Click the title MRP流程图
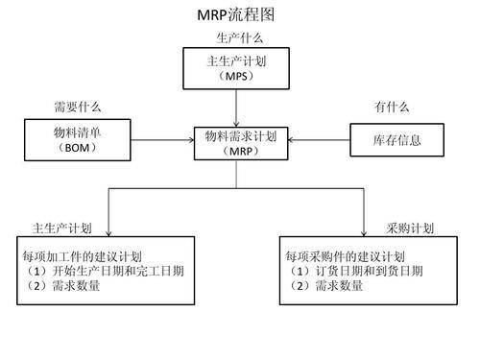(x=239, y=14)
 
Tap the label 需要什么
(x=77, y=108)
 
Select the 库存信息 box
(x=396, y=141)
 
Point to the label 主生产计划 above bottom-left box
(x=62, y=228)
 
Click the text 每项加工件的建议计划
(x=84, y=256)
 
